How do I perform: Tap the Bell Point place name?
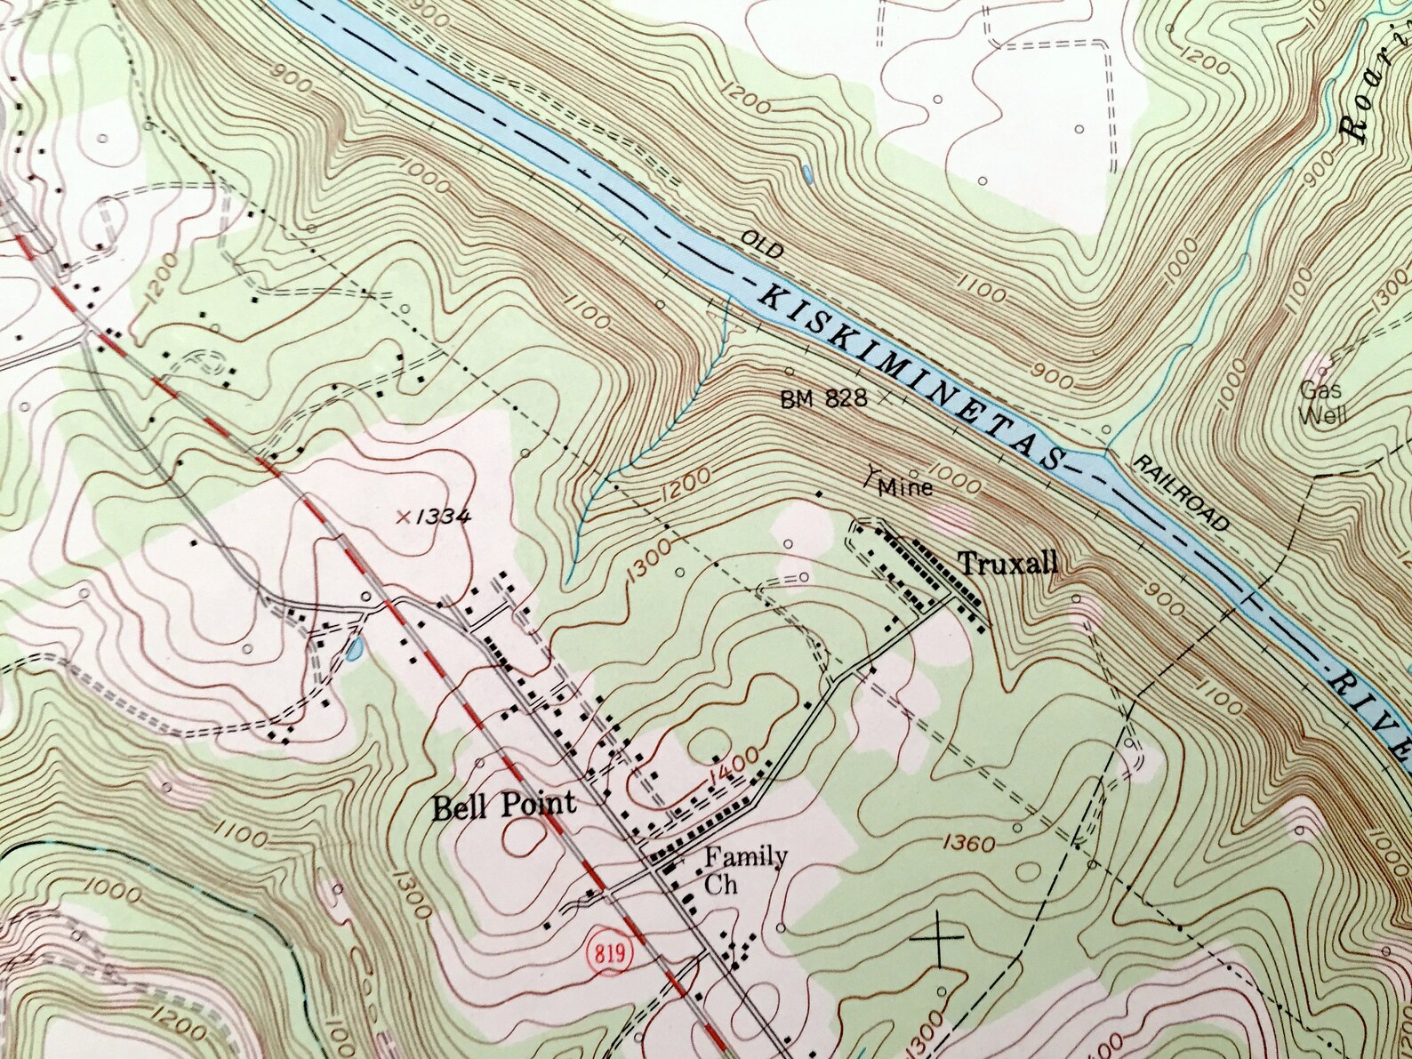[x=504, y=806]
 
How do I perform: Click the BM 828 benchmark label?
[x=823, y=399]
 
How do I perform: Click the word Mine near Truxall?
[x=905, y=486]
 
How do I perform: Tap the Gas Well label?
[x=1322, y=402]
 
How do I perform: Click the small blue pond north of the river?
[x=806, y=174]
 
